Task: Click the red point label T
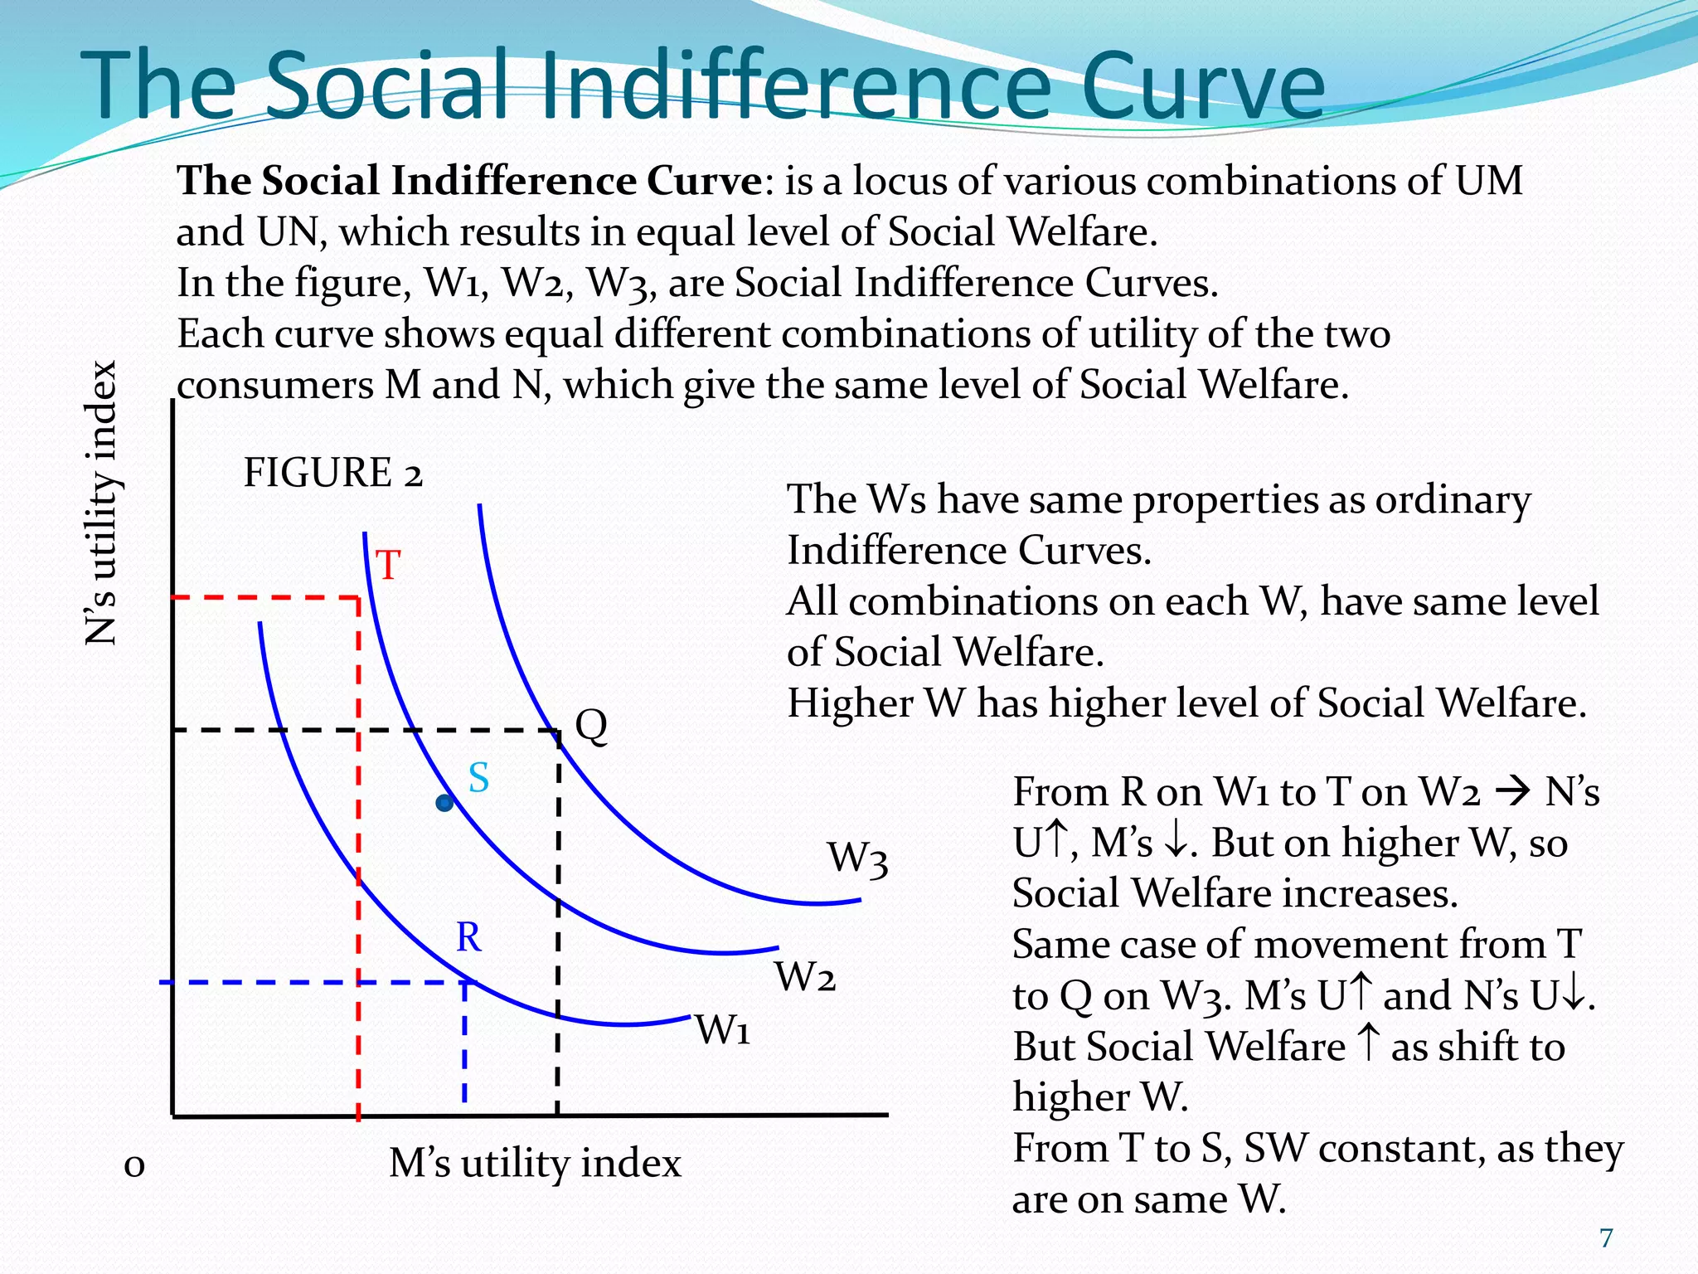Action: click(x=388, y=566)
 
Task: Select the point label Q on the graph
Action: click(x=591, y=727)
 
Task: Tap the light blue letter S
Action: click(x=478, y=778)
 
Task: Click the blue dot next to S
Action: click(x=445, y=803)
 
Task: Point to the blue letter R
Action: click(x=468, y=937)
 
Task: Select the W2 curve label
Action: click(x=804, y=976)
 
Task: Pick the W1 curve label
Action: click(x=722, y=1030)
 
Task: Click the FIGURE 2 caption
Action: click(x=332, y=474)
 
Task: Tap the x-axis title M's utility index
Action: click(x=535, y=1163)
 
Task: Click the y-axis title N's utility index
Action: click(x=102, y=503)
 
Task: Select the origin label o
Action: click(x=134, y=1165)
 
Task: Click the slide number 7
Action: click(x=1606, y=1238)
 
